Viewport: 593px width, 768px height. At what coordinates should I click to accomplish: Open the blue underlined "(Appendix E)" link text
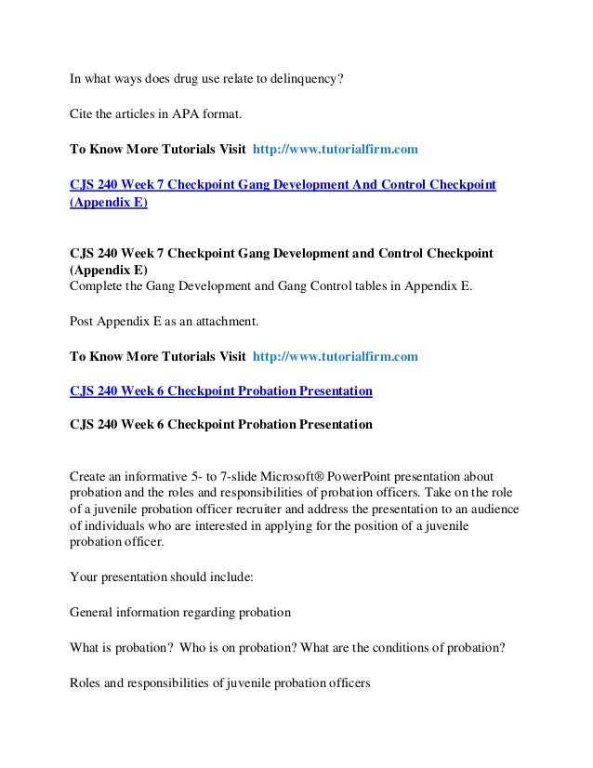click(x=109, y=202)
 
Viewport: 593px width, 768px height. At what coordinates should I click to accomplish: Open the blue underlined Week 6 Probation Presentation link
click(x=221, y=391)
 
